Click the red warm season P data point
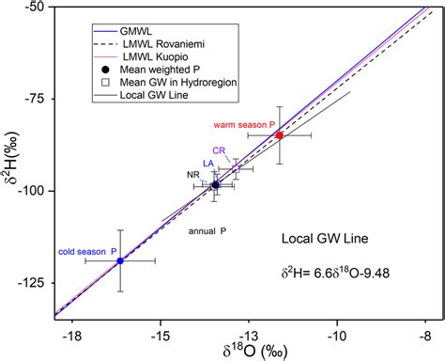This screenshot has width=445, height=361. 280,135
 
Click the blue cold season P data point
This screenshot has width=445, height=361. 119,260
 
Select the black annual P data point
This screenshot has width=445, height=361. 215,185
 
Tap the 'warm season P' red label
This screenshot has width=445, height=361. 241,125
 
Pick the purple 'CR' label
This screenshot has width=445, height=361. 219,149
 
